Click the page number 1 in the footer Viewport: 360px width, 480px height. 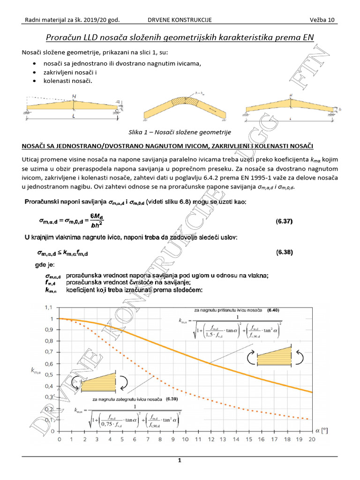tap(180, 461)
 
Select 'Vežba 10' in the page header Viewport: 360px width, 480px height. tap(322, 20)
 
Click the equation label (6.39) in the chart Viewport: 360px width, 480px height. tap(169, 400)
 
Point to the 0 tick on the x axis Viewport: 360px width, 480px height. tap(59, 440)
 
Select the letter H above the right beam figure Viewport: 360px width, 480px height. tap(291, 95)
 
